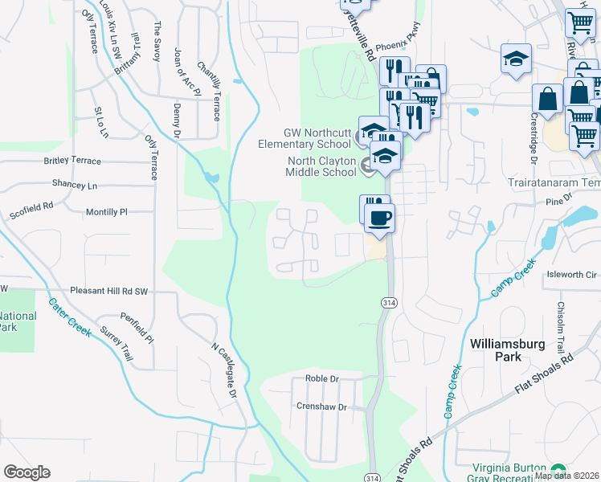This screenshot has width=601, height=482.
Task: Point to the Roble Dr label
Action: click(323, 378)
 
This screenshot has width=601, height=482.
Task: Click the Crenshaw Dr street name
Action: click(321, 407)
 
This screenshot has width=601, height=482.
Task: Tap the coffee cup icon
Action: click(379, 217)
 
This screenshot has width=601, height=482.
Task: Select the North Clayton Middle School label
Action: click(321, 166)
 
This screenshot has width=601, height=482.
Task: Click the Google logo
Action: click(27, 472)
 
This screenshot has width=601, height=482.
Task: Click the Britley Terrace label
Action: click(72, 161)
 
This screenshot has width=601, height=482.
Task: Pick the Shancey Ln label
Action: click(74, 185)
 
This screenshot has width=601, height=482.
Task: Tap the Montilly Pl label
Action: click(106, 212)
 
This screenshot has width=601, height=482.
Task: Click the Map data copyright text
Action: click(567, 476)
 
